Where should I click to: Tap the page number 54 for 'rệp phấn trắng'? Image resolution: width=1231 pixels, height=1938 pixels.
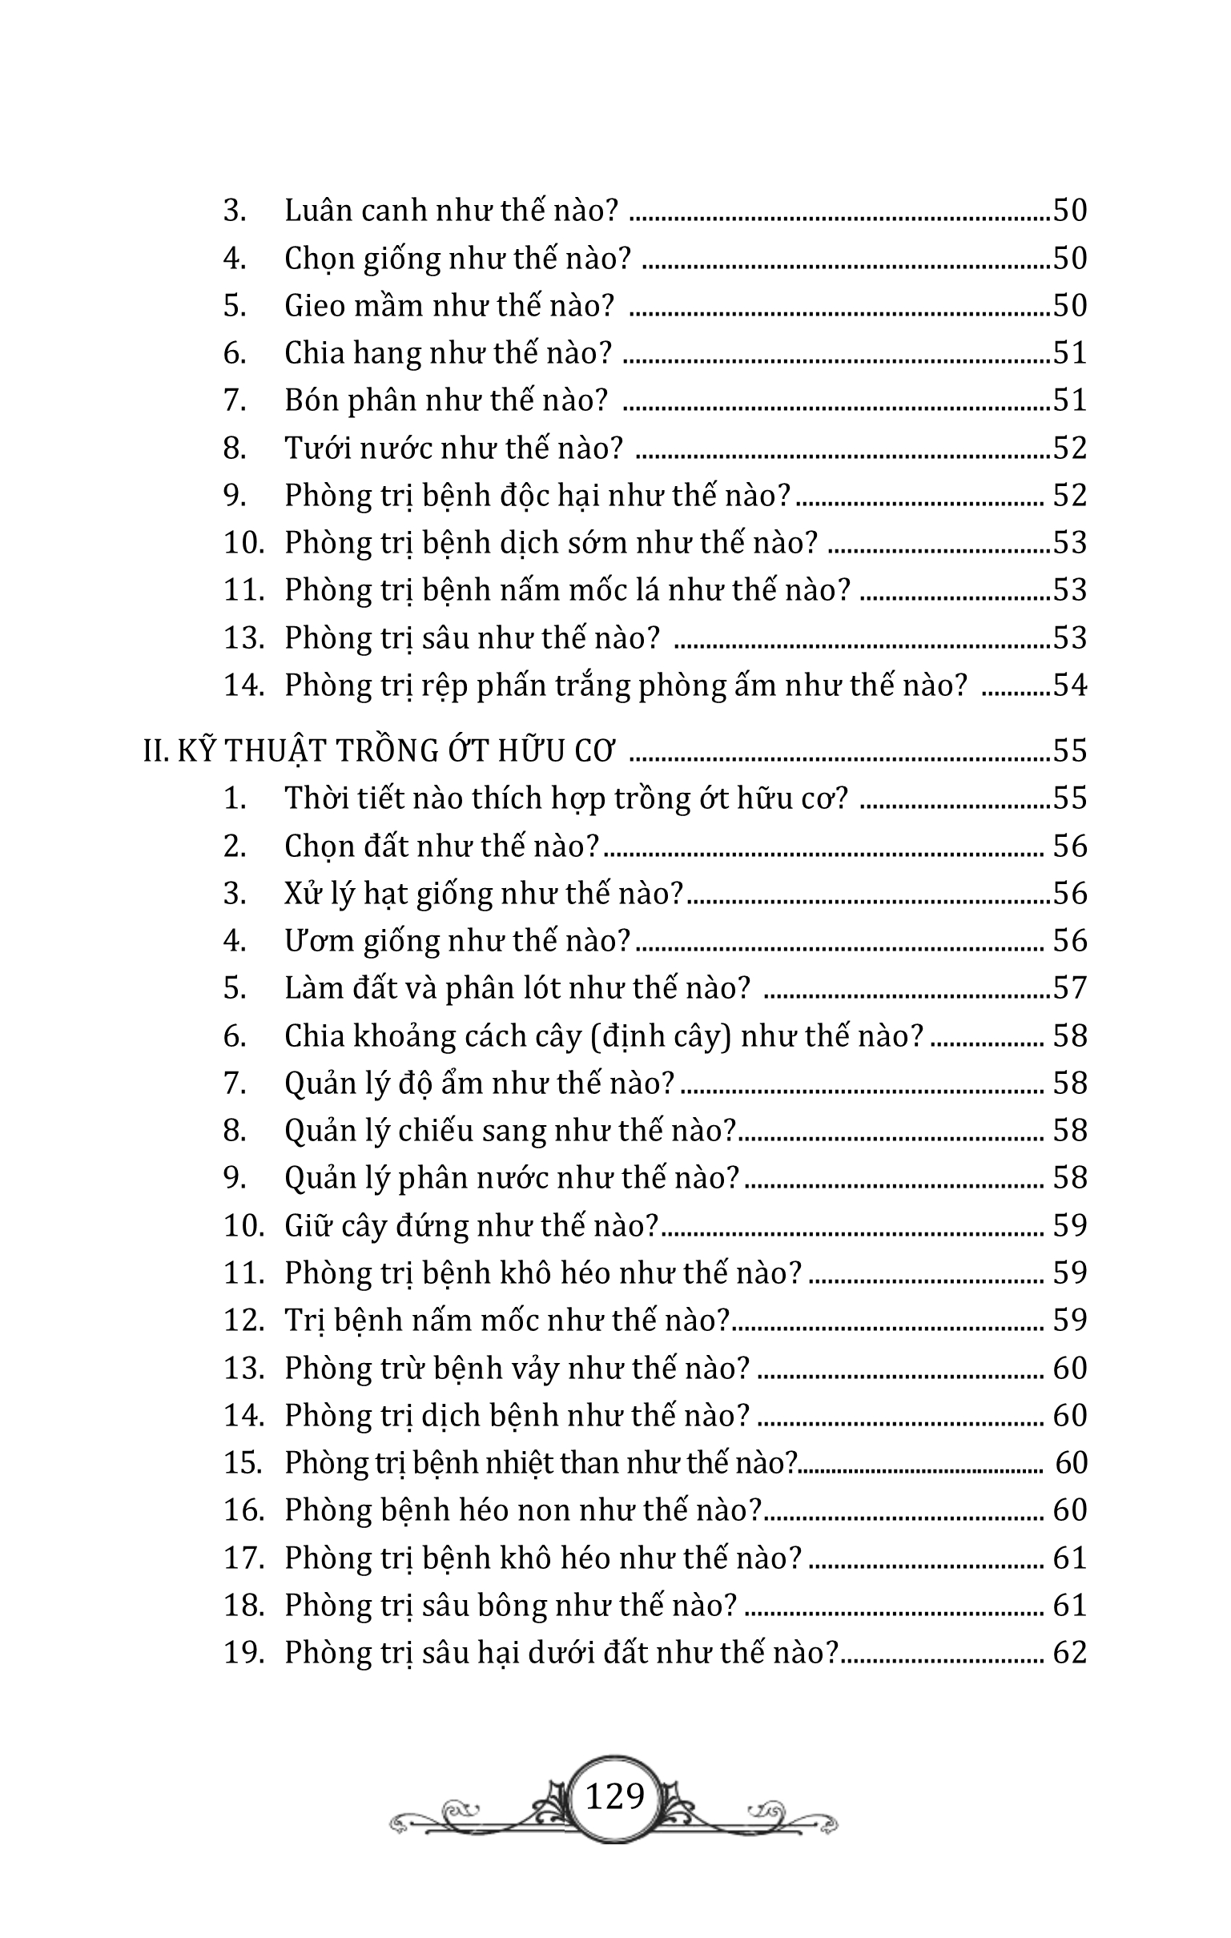point(1070,685)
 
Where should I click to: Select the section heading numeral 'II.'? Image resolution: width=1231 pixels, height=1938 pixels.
point(155,750)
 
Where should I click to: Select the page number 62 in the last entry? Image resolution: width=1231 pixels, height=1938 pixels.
point(1070,1652)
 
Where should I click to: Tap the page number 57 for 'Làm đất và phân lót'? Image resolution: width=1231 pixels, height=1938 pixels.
point(1070,987)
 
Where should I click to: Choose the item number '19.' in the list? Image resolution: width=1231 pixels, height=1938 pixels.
point(244,1652)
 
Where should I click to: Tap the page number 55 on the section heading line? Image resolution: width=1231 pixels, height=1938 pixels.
point(1070,750)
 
